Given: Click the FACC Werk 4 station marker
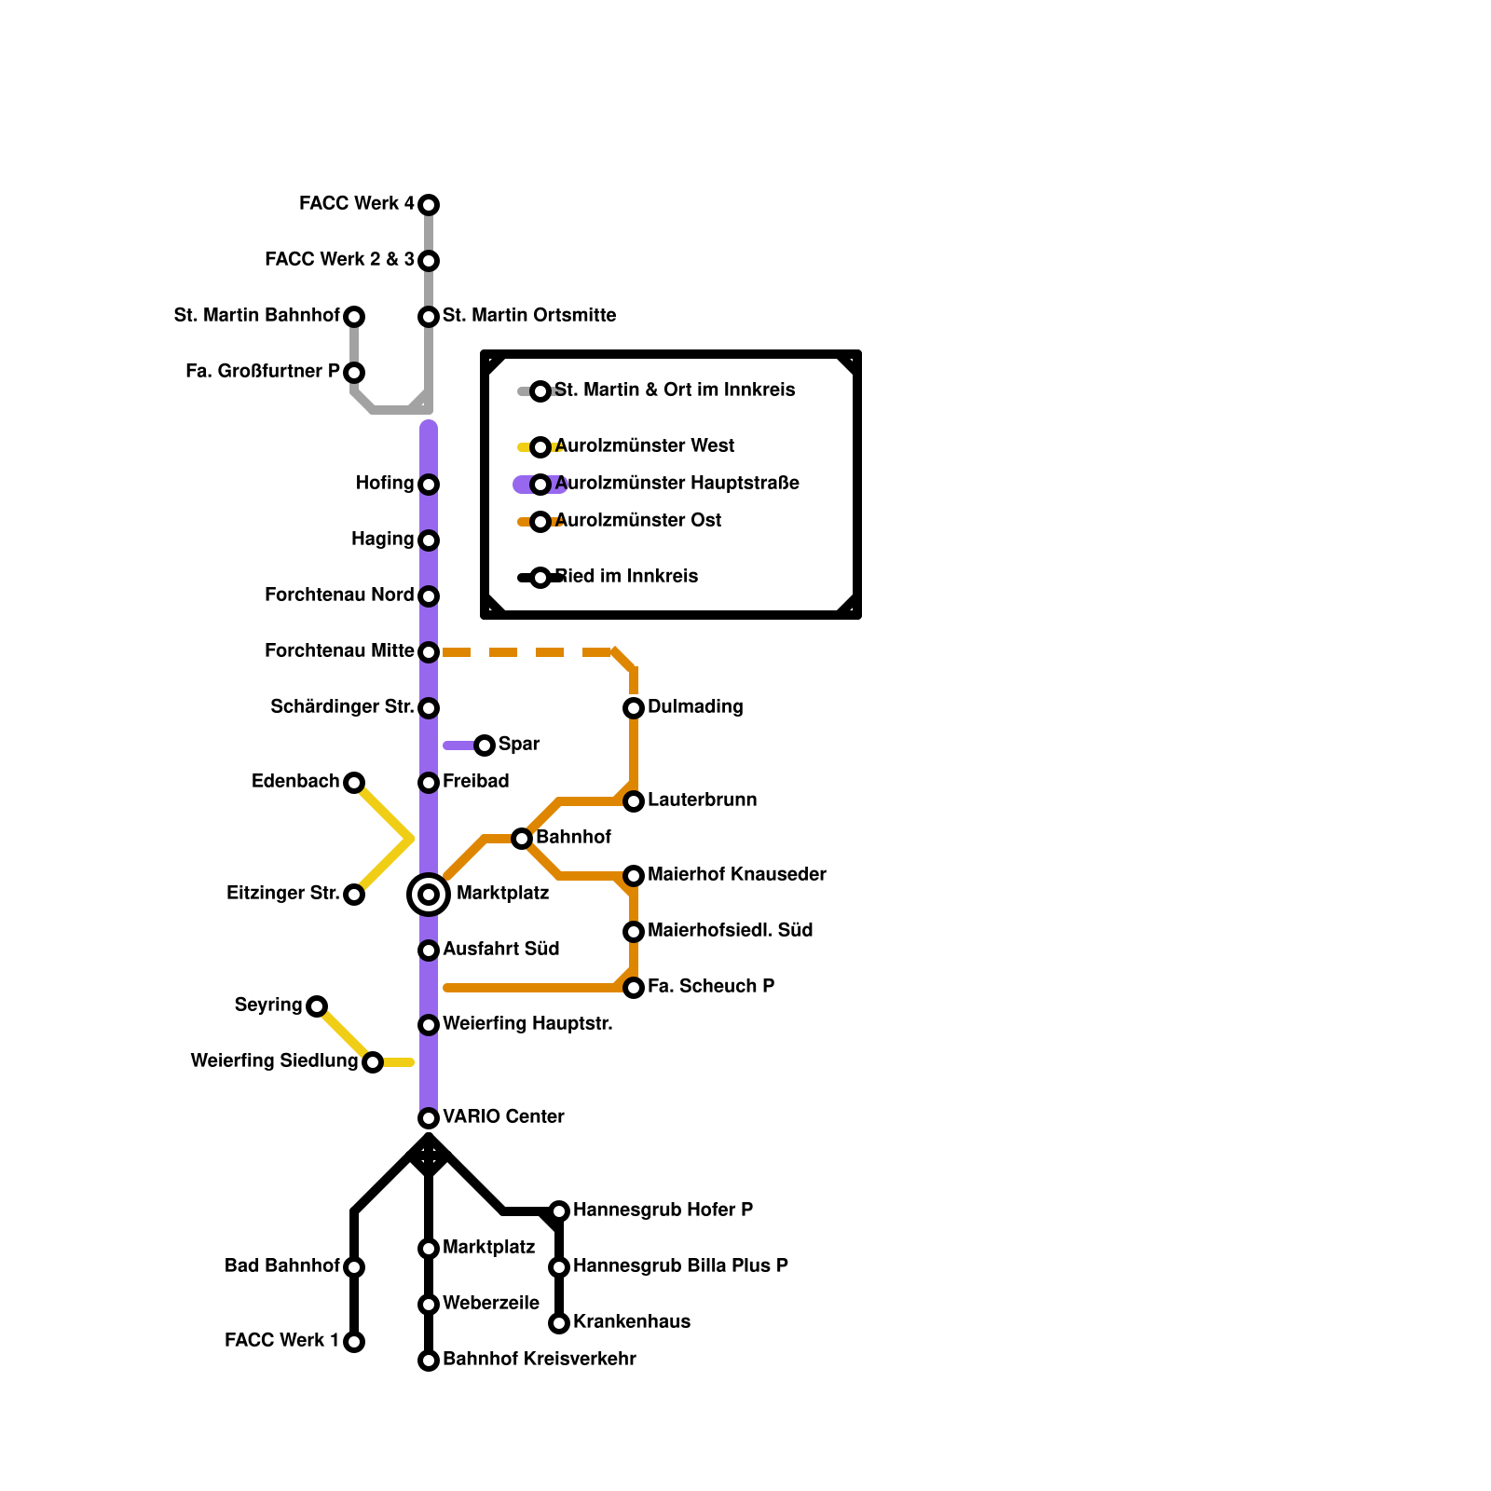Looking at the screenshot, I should [x=429, y=204].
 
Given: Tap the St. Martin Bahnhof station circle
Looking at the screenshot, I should [x=354, y=317].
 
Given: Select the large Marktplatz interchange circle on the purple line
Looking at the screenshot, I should [x=429, y=895].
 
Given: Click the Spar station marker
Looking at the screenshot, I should [x=485, y=745].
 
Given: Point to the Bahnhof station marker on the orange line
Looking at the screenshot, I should [x=522, y=839].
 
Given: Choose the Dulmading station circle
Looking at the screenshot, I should [x=634, y=708].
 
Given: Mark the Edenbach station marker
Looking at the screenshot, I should [x=354, y=783].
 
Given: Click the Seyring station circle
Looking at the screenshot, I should [x=317, y=1006].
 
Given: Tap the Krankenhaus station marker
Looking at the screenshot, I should [x=559, y=1323].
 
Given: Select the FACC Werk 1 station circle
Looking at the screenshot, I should [x=354, y=1342].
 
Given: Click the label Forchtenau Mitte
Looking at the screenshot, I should [x=339, y=651].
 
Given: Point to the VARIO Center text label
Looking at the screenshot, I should [x=503, y=1117].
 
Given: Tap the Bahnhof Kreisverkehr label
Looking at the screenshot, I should [x=539, y=1360].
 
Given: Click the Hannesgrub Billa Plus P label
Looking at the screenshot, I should [x=680, y=1266].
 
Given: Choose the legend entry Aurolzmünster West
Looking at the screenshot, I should [x=644, y=446].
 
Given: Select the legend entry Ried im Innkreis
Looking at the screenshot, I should [x=626, y=577].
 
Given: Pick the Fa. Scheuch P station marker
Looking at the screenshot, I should [x=634, y=988].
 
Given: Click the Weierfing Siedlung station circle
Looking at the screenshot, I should [x=373, y=1062].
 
